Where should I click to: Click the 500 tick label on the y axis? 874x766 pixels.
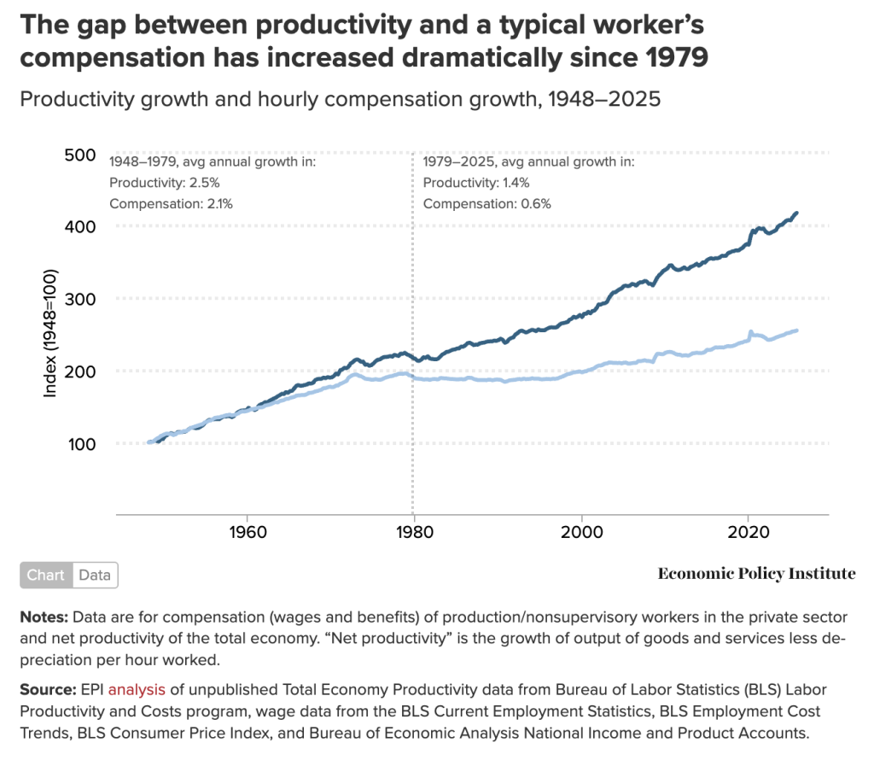click(81, 155)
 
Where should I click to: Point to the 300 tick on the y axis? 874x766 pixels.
click(81, 299)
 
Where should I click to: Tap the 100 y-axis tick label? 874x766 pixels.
click(81, 443)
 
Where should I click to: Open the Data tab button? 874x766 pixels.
click(95, 576)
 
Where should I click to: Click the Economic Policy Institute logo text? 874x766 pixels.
click(756, 574)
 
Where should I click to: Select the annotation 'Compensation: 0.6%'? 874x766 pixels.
click(487, 204)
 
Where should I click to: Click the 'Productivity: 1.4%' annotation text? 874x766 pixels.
click(476, 182)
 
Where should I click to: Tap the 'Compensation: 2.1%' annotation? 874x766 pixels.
click(171, 204)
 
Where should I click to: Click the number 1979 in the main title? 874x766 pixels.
click(676, 59)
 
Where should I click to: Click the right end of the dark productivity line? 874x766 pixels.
click(796, 213)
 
